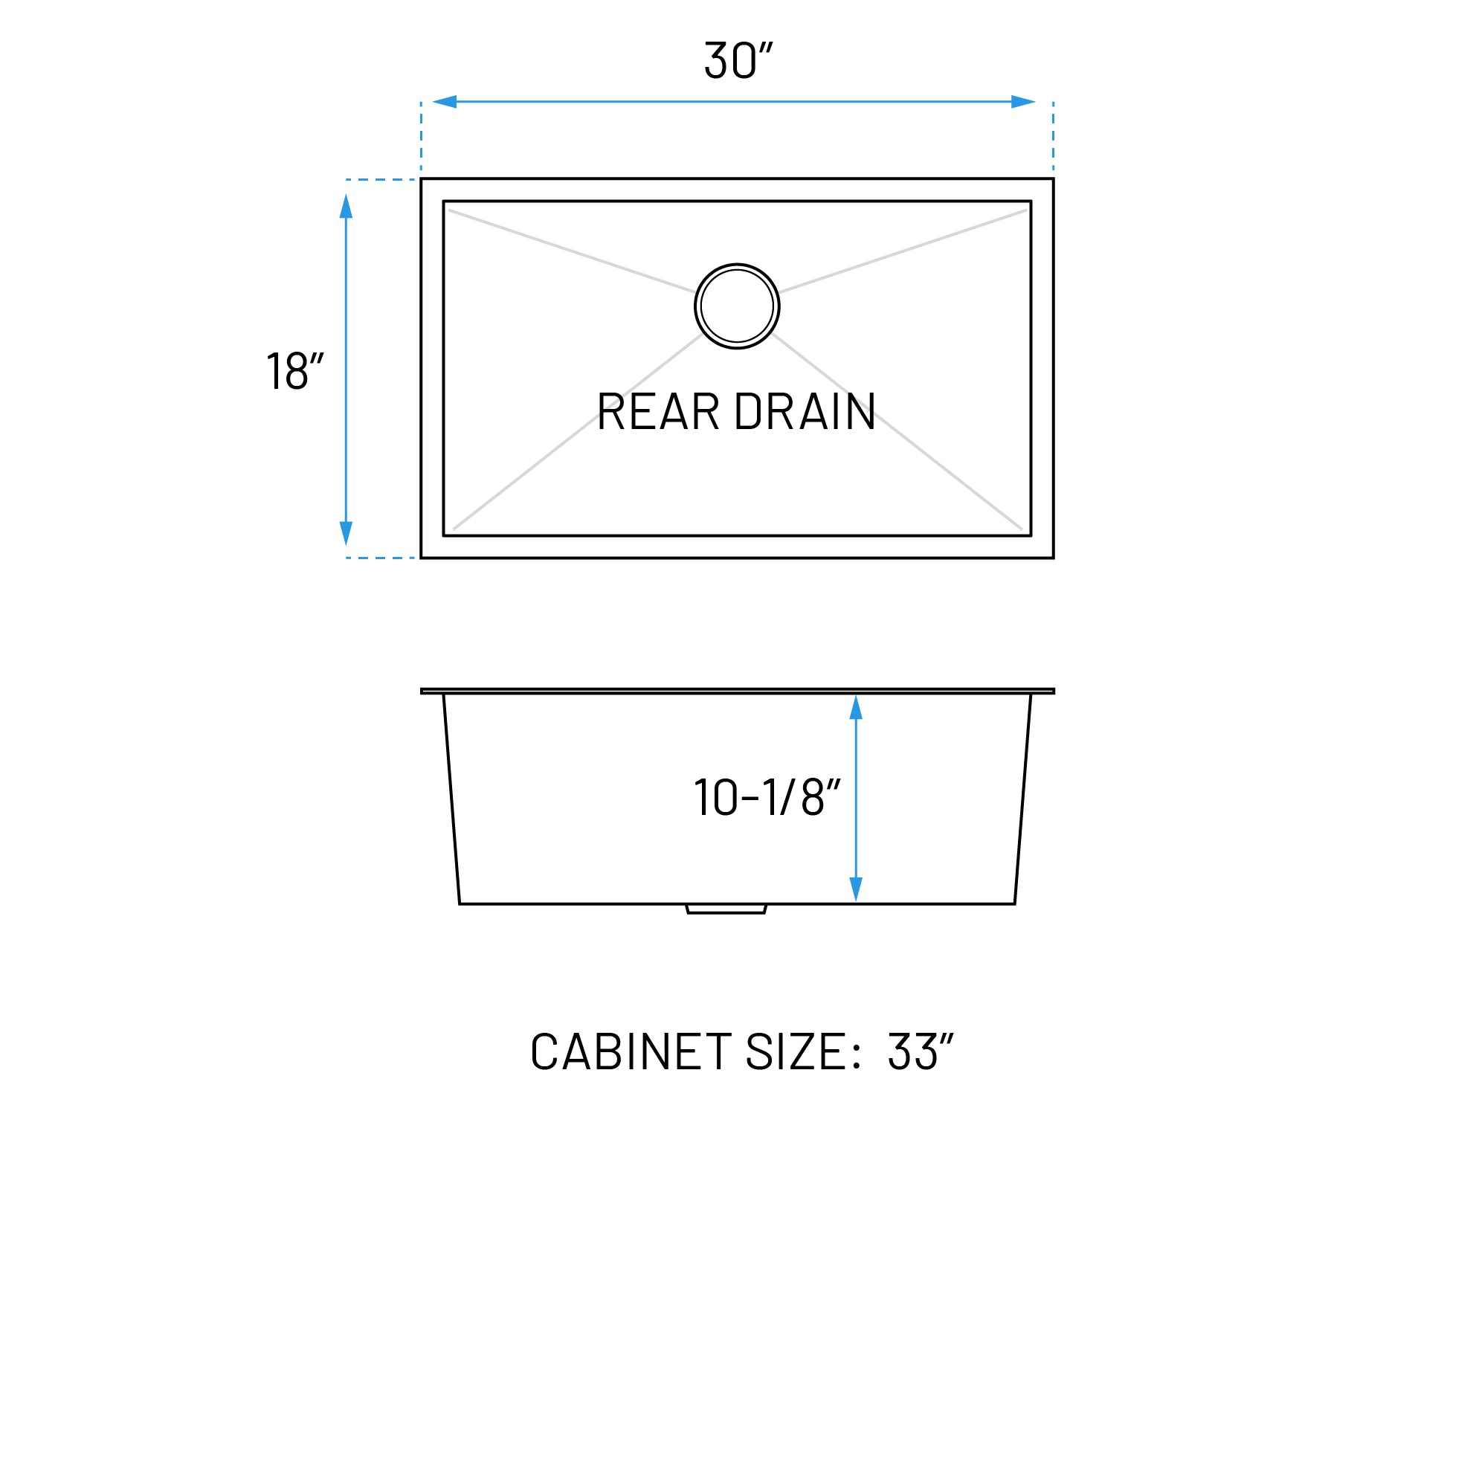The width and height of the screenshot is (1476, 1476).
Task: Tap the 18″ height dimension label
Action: click(x=295, y=371)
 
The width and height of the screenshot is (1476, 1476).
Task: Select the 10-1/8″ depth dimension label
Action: click(x=767, y=798)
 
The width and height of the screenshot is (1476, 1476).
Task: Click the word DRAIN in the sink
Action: click(x=805, y=412)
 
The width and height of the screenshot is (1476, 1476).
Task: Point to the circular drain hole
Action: click(x=737, y=306)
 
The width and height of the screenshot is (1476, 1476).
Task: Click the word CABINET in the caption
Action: click(x=631, y=1052)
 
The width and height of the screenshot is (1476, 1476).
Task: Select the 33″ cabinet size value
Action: click(x=920, y=1052)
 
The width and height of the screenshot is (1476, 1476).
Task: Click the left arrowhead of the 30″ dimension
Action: click(x=445, y=102)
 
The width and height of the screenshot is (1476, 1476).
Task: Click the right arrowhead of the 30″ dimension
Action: click(x=1023, y=102)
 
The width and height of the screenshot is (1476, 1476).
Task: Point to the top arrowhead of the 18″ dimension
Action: click(x=346, y=206)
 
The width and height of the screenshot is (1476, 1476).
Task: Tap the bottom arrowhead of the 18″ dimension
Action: click(x=346, y=532)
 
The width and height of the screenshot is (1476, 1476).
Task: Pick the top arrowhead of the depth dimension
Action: click(x=856, y=708)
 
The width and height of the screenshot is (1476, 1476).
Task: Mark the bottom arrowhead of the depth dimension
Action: click(x=856, y=889)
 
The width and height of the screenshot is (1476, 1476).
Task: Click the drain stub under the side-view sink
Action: click(x=726, y=909)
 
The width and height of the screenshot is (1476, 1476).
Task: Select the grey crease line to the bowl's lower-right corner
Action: click(x=947, y=471)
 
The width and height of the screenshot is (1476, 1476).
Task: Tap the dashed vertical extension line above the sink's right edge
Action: click(x=1053, y=136)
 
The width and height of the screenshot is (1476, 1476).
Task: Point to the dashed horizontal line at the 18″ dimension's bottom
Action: click(x=381, y=558)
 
